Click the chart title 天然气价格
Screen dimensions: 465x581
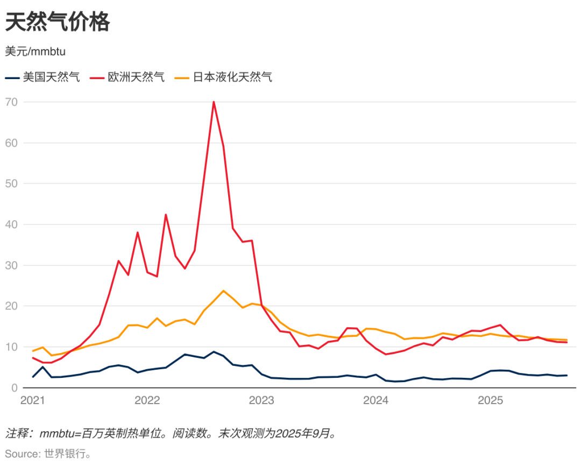pyautogui.click(x=58, y=22)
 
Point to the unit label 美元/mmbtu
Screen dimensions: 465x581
pyautogui.click(x=36, y=52)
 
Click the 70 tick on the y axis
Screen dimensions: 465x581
pyautogui.click(x=12, y=102)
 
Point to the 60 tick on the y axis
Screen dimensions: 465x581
pyautogui.click(x=12, y=143)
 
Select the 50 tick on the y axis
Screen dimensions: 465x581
pyautogui.click(x=12, y=184)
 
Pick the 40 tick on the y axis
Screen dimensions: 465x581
pyautogui.click(x=12, y=224)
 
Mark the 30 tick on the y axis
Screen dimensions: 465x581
pyautogui.click(x=12, y=265)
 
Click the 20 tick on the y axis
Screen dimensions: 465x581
pyautogui.click(x=12, y=306)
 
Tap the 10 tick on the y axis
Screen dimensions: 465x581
pyautogui.click(x=12, y=347)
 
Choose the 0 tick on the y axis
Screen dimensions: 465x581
pyautogui.click(x=15, y=387)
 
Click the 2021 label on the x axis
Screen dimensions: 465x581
pyautogui.click(x=32, y=400)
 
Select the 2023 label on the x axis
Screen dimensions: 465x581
pyautogui.click(x=261, y=400)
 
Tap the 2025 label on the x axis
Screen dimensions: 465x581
pyautogui.click(x=491, y=400)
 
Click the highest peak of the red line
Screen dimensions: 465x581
pyautogui.click(x=214, y=102)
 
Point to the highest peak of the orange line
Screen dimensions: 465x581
pyautogui.click(x=223, y=291)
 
